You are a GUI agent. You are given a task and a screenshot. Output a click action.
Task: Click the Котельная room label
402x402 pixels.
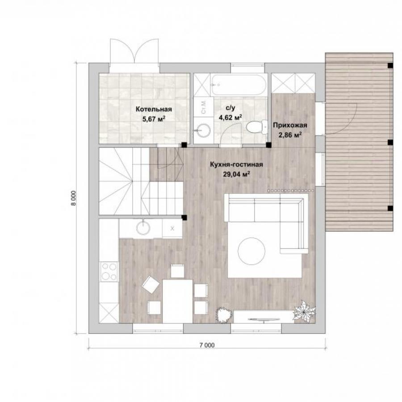tap(154, 109)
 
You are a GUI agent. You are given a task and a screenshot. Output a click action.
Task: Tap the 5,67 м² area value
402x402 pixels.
tap(154, 119)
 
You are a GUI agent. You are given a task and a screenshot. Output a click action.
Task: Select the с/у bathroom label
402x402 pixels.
tap(230, 108)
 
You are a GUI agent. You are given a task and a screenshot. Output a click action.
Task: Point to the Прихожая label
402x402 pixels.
tap(290, 126)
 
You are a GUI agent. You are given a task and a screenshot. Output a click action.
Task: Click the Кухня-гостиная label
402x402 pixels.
tap(236, 164)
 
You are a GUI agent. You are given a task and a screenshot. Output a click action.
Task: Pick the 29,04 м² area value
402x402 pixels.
tap(236, 174)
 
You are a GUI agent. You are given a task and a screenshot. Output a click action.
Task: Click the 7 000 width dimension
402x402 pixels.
tap(207, 345)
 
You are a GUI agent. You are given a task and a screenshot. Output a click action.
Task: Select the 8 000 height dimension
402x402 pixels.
tap(74, 198)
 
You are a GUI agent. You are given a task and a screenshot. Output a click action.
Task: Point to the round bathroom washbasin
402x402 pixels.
tap(204, 130)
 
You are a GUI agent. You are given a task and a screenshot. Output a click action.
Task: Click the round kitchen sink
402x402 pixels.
tap(143, 227)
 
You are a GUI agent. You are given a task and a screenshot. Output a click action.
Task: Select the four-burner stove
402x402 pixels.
tap(109, 272)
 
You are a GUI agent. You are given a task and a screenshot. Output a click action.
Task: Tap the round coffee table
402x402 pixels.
tap(251, 251)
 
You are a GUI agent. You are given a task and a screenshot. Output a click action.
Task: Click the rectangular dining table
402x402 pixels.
tap(177, 301)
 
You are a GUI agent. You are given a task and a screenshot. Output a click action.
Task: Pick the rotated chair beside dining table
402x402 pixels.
tap(151, 285)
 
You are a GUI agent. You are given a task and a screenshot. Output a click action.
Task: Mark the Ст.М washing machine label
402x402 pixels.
tap(204, 107)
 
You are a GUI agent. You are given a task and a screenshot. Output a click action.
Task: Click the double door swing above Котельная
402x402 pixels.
tap(134, 51)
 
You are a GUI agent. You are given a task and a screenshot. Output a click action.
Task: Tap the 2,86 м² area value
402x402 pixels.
tap(290, 135)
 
